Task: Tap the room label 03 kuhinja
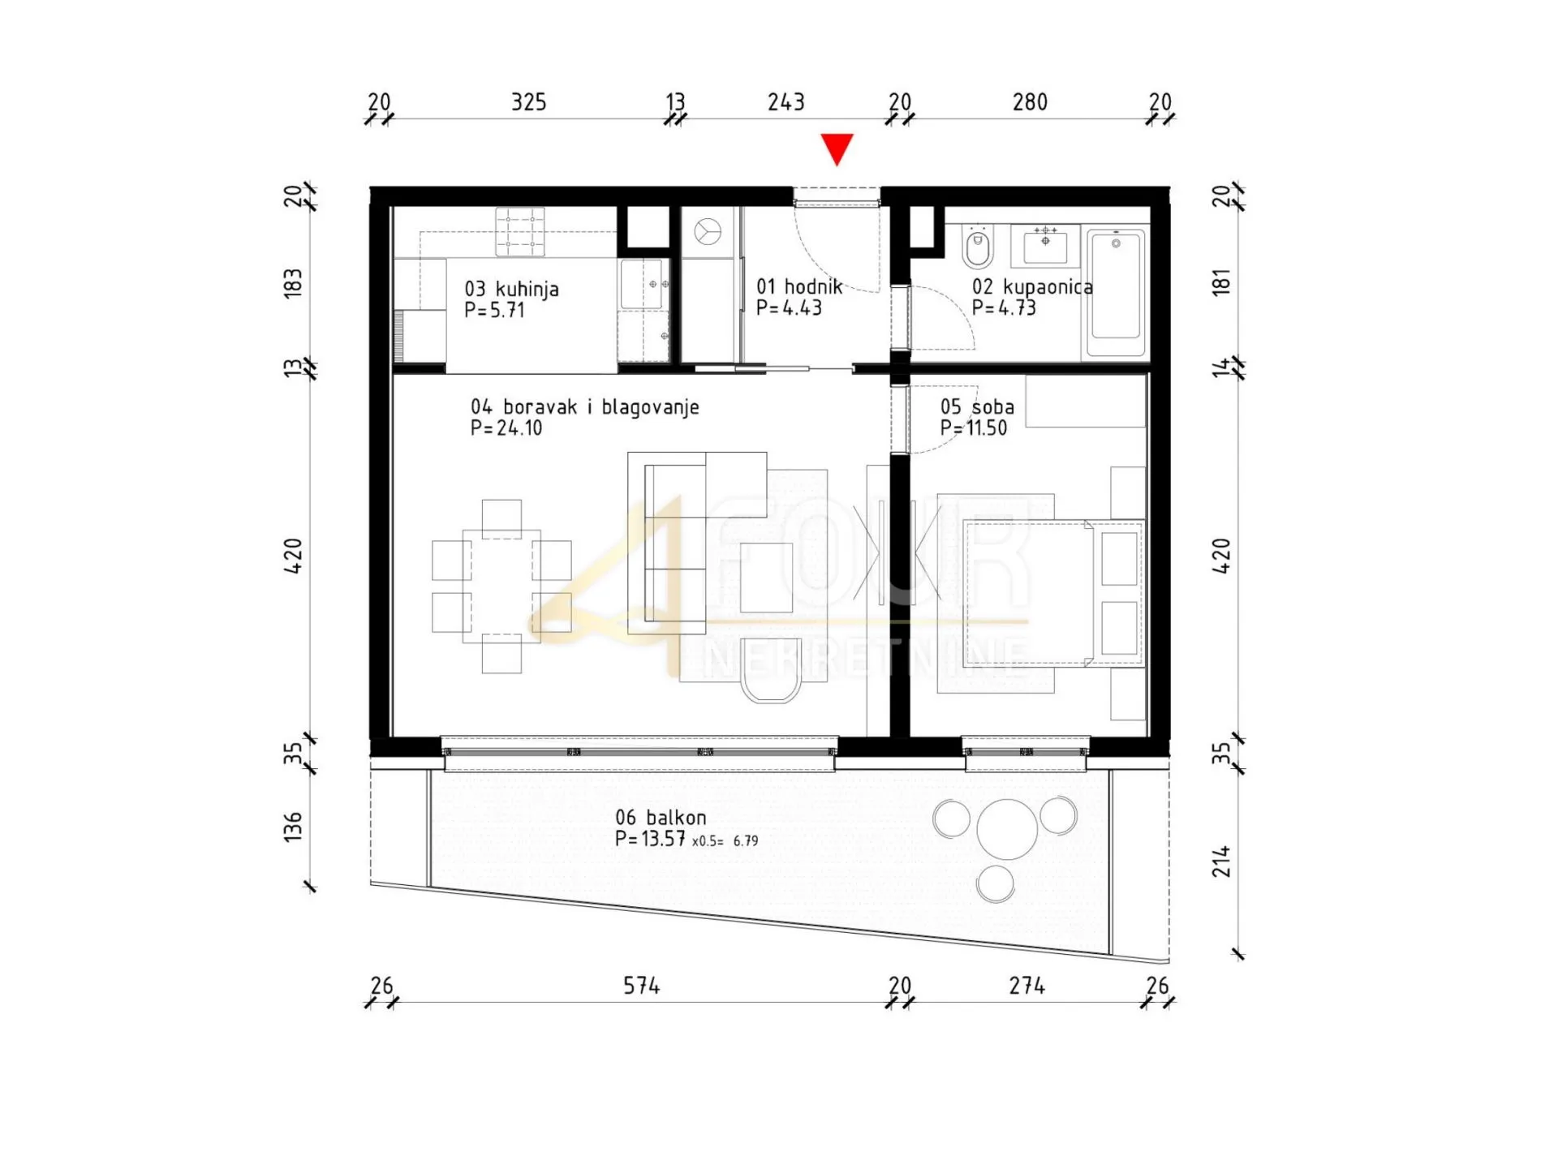tap(511, 289)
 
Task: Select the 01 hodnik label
tap(799, 286)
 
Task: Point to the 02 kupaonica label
tap(1032, 286)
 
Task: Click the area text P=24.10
tap(506, 428)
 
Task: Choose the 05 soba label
tap(977, 406)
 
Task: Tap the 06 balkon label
tap(661, 818)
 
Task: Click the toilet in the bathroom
tap(977, 247)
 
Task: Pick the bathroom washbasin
tap(1045, 245)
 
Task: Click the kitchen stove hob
tap(520, 233)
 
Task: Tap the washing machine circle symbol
tap(708, 233)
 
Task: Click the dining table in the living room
tap(501, 586)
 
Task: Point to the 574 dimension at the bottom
tap(641, 986)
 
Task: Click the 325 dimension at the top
tap(528, 102)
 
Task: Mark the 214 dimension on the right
tap(1221, 861)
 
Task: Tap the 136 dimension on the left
tap(293, 827)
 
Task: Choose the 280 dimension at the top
tap(1030, 102)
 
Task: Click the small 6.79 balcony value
tap(746, 841)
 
